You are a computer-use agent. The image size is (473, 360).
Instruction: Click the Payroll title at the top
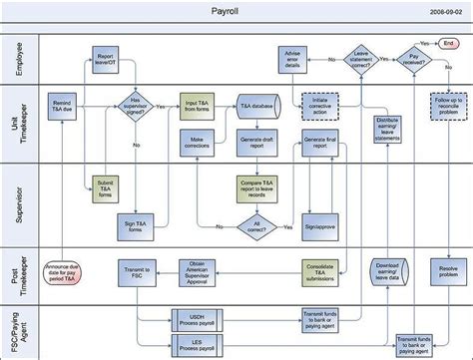(226, 13)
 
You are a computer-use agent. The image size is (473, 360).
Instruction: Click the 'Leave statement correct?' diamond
(359, 62)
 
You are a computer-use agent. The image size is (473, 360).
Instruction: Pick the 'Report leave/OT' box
(107, 61)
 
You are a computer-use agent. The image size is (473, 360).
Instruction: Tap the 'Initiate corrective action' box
(321, 106)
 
